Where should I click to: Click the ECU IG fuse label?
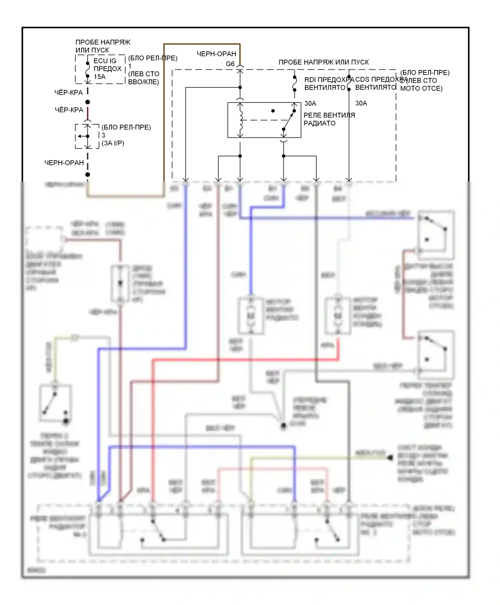coord(105,61)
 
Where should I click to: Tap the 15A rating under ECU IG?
coord(99,77)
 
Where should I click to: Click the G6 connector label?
coord(230,64)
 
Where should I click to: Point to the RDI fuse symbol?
coord(294,83)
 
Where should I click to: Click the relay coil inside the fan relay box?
coord(240,120)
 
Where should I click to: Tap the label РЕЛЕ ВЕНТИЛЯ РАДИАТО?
coord(329,119)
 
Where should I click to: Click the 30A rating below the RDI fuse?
coord(310,103)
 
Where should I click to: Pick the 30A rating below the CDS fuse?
coord(361,103)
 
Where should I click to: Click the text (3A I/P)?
coord(113,143)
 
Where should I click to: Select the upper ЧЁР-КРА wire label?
coord(69,93)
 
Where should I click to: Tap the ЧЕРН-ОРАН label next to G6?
coord(216,54)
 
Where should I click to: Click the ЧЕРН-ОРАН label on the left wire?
coord(64,163)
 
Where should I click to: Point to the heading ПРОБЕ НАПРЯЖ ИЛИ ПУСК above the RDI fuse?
coord(323,62)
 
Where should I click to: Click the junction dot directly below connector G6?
coord(240,87)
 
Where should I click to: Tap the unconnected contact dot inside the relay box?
coord(273,111)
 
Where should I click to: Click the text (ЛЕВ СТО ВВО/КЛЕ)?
coord(144,78)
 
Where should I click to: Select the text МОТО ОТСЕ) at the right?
coord(421,89)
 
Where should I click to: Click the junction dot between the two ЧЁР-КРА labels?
coord(88,102)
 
